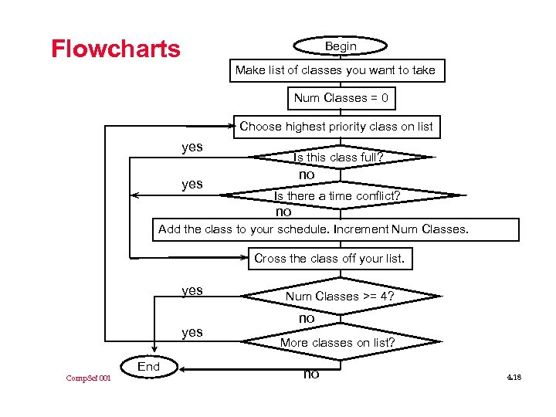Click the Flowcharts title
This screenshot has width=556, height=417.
[x=116, y=49]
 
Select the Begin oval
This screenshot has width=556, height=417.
[x=341, y=46]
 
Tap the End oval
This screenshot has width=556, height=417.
[x=149, y=367]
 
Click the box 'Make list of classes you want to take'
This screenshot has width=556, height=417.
[x=335, y=70]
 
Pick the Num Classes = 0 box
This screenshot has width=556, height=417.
[x=341, y=98]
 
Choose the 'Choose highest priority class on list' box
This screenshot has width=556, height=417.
[x=337, y=127]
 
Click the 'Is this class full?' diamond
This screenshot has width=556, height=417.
[x=339, y=158]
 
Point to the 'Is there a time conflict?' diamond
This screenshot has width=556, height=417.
[x=337, y=196]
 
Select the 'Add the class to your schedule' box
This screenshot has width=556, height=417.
[x=313, y=229]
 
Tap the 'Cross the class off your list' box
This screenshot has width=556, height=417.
[x=329, y=259]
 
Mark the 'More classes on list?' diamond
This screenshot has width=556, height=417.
[x=337, y=342]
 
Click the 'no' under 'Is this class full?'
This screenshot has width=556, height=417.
[x=307, y=175]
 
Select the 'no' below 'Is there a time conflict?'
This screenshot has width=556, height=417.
[x=283, y=212]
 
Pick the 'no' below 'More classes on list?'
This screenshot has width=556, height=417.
[x=310, y=375]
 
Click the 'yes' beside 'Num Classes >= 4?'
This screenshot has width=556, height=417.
[x=192, y=290]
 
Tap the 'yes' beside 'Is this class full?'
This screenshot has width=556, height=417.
[x=192, y=147]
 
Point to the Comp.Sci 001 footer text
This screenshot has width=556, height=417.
[x=88, y=378]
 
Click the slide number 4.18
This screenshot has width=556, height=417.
[x=515, y=377]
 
